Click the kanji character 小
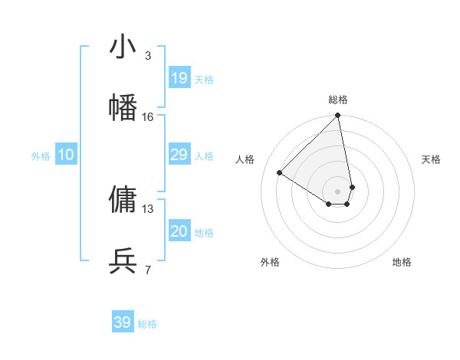[x=123, y=47]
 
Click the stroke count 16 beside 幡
[x=148, y=117]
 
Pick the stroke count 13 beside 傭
[x=148, y=208]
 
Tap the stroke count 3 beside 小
[x=148, y=56]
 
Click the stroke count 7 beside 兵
[x=148, y=270]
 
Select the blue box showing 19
[x=179, y=77]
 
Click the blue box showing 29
[x=179, y=155]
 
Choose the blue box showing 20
[x=179, y=231]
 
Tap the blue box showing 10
[x=66, y=155]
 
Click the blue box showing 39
[x=123, y=322]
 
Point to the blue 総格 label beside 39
[x=148, y=324]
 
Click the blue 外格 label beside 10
[x=41, y=156]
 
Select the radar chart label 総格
[x=338, y=100]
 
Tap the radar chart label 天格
[x=432, y=159]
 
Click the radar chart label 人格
[x=245, y=159]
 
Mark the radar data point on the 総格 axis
[x=337, y=116]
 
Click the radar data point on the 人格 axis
[x=280, y=173]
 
